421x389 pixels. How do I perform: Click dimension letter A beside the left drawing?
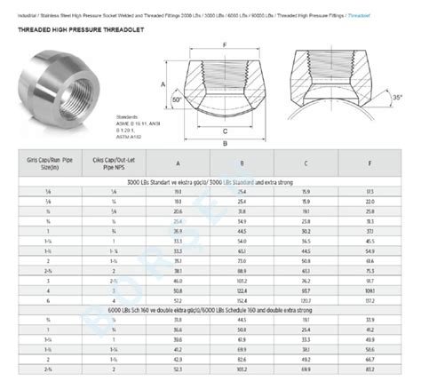pos(163,86)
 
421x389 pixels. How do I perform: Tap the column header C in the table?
pos(306,163)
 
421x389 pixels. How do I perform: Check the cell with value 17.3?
pos(370,192)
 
